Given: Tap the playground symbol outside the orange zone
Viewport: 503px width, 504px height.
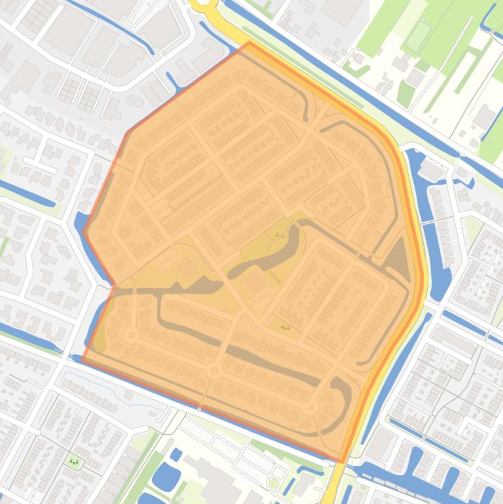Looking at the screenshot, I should [73, 461].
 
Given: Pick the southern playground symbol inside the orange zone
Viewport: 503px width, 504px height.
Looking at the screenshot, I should [285, 327].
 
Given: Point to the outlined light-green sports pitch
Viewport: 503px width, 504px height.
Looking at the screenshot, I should [416, 37].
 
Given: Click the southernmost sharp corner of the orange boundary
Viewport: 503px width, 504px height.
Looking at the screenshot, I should [342, 461].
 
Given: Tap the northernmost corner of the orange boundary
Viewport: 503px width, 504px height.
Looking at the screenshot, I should [249, 43].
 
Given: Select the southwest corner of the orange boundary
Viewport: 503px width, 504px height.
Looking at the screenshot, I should [82, 359].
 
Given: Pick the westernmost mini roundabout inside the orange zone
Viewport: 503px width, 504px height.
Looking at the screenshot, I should [132, 335].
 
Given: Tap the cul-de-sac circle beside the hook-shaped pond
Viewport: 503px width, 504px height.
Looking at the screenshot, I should [312, 406].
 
